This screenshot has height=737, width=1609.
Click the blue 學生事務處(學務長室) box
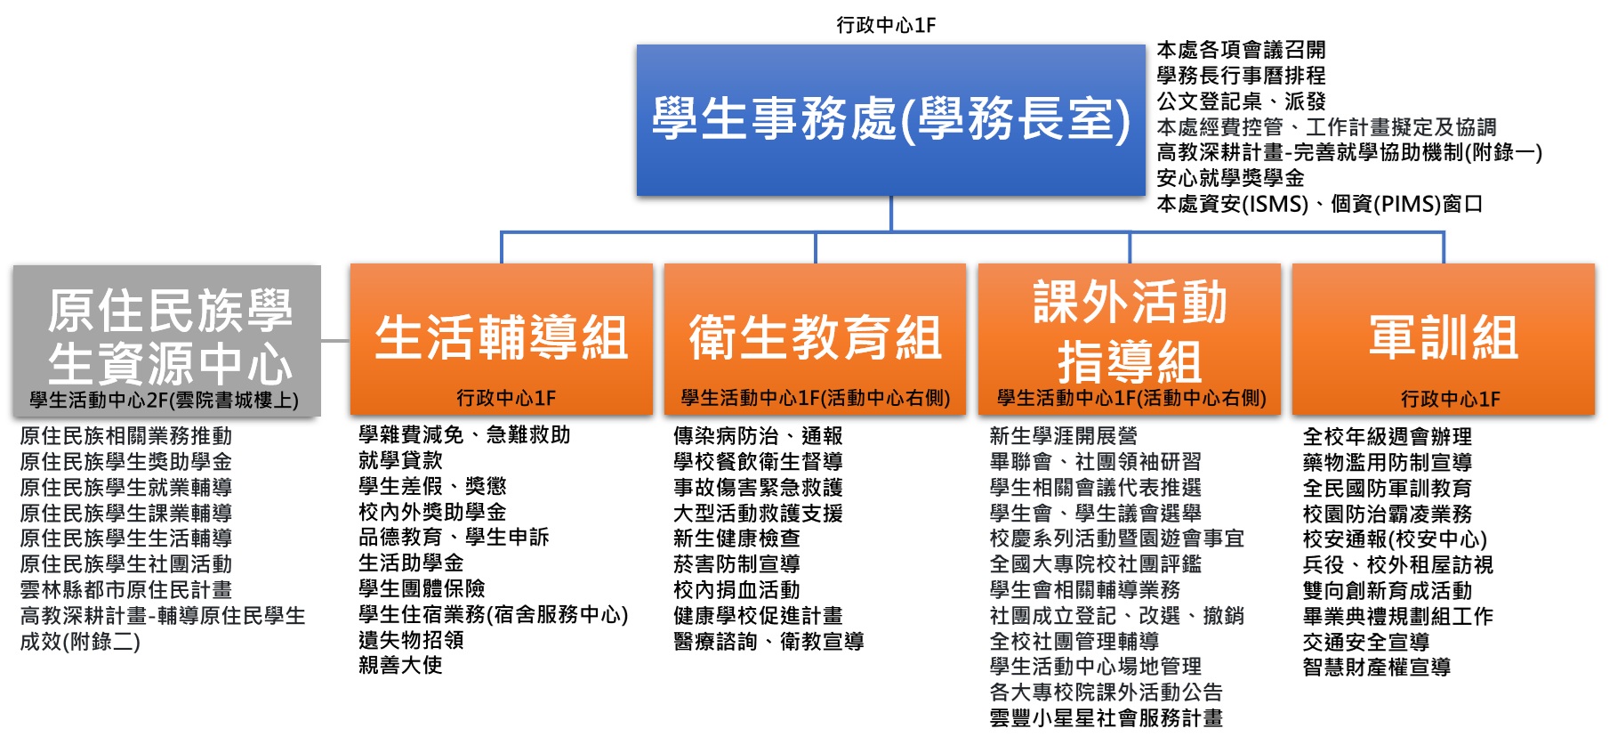[890, 120]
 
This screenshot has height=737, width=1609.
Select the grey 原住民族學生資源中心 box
[167, 340]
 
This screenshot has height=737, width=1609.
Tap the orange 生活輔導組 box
[502, 338]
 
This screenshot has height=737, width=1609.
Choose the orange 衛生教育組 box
[816, 338]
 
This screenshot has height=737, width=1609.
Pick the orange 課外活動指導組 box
[1130, 338]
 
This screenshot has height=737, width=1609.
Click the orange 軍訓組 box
[1443, 338]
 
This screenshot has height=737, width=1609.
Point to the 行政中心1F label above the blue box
[886, 25]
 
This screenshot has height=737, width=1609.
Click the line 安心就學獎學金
[1230, 178]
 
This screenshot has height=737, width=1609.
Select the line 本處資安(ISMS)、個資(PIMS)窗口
[1319, 204]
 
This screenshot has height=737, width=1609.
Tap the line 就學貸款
[400, 460]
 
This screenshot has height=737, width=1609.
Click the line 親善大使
[400, 665]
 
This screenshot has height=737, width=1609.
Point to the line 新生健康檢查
[736, 539]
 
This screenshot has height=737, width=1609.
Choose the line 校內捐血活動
[736, 590]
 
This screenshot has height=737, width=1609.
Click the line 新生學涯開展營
[1063, 436]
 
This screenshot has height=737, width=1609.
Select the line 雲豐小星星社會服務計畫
[1106, 717]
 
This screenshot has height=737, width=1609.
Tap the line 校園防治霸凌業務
[1388, 514]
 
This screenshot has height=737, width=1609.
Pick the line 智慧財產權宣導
[1376, 667]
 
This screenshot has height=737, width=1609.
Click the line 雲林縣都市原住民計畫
[125, 589]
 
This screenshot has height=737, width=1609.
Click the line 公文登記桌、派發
[1241, 101]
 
